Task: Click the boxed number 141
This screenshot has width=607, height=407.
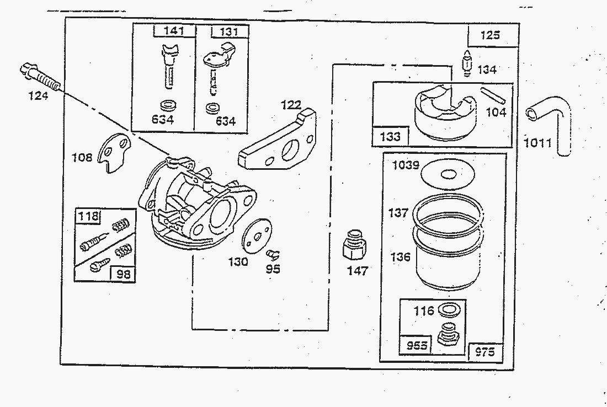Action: (174, 31)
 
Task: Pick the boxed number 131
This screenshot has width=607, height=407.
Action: (228, 32)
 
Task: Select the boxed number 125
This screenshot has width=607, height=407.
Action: (490, 35)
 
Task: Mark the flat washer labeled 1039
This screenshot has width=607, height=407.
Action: (448, 175)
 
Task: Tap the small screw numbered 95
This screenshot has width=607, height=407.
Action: (273, 254)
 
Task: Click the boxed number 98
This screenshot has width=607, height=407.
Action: (124, 273)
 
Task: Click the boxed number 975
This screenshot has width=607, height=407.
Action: (485, 352)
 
